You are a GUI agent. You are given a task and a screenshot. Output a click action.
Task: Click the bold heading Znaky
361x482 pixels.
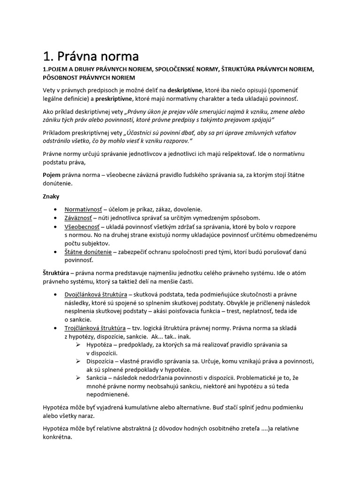pos(51,196)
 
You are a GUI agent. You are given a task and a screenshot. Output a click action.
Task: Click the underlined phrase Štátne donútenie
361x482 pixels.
pos(88,252)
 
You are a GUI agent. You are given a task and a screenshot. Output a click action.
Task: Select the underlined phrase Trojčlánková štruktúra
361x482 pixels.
pos(95,328)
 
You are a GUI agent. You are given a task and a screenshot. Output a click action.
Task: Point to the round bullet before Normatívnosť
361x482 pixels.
pos(56,209)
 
